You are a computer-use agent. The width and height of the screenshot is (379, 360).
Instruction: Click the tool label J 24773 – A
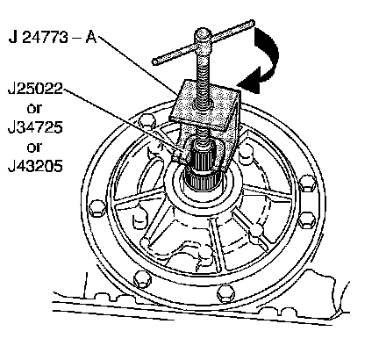pyautogui.click(x=53, y=37)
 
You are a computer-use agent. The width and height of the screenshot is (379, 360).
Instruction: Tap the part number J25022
pyautogui.click(x=35, y=89)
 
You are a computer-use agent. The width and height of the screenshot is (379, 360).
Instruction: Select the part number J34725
pyautogui.click(x=35, y=127)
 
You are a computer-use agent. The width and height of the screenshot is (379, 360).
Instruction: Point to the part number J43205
pyautogui.click(x=35, y=166)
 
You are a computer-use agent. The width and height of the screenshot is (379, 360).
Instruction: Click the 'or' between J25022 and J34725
pyautogui.click(x=34, y=109)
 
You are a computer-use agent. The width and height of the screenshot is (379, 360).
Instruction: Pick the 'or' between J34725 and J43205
pyautogui.click(x=34, y=148)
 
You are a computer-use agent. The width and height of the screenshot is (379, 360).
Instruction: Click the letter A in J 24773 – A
pyautogui.click(x=91, y=37)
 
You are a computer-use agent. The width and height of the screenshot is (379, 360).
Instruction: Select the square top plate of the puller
pyautogui.click(x=205, y=105)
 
